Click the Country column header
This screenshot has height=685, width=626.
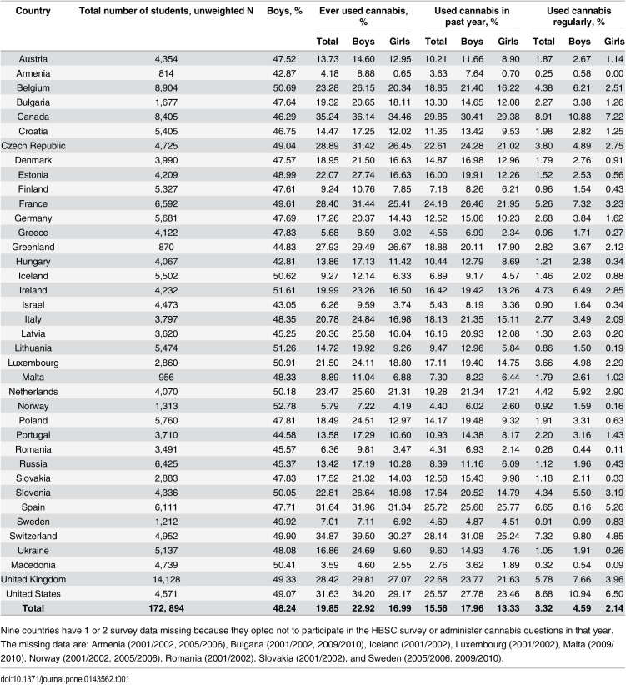coord(33,11)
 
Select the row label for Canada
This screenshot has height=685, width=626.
coord(33,117)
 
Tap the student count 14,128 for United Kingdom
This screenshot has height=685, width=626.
coord(166,579)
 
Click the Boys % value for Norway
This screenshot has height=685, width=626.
coord(284,406)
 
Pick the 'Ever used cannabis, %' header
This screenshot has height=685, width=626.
coord(363,16)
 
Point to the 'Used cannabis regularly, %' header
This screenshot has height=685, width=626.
coord(578,16)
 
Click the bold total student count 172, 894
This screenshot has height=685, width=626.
coord(166,608)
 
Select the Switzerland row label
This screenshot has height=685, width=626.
coord(33,536)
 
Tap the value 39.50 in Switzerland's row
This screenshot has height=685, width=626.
coord(363,536)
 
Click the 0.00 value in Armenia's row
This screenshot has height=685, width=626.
coord(614,73)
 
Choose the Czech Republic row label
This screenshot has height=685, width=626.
coord(33,146)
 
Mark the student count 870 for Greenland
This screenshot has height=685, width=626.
coord(166,247)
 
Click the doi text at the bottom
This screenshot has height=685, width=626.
coord(65,679)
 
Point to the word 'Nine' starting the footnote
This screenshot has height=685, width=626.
coord(10,630)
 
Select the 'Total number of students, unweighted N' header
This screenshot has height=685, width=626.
coord(166,11)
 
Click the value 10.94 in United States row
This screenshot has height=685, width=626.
coord(579,593)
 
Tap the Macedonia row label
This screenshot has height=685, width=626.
coord(33,565)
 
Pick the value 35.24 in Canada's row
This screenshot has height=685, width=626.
coord(328,117)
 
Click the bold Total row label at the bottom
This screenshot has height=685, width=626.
coord(33,608)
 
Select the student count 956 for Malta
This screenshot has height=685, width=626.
coord(166,377)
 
